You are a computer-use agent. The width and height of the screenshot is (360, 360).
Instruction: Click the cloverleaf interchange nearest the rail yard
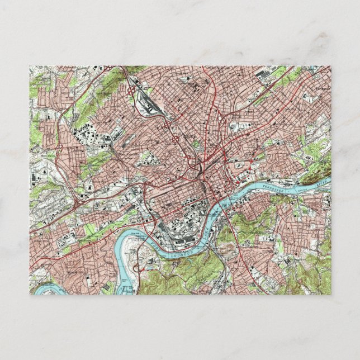(135, 89)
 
